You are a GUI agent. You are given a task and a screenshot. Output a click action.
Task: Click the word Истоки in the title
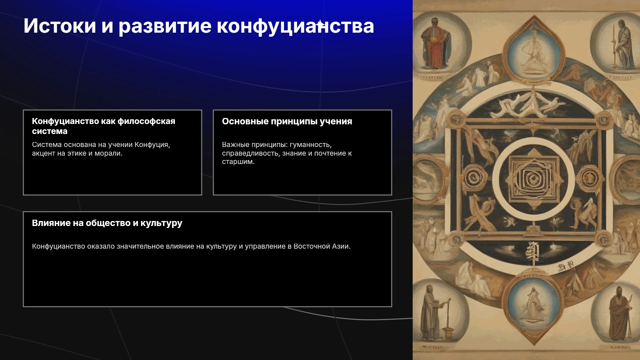pyautogui.click(x=60, y=26)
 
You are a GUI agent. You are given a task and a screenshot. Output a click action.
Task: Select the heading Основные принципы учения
pyautogui.click(x=287, y=121)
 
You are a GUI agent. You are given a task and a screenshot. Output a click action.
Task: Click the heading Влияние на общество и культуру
pyautogui.click(x=107, y=223)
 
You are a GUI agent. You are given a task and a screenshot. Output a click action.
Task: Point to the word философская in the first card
pyautogui.click(x=146, y=121)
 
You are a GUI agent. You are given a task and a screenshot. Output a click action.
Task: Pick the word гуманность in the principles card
pyautogui.click(x=311, y=145)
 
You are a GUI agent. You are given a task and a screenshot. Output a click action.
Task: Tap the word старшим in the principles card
pyautogui.click(x=238, y=162)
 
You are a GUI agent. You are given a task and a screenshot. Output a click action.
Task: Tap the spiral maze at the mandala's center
pyautogui.click(x=534, y=179)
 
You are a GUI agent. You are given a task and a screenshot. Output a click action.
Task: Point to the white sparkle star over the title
pyautogui.click(x=320, y=24)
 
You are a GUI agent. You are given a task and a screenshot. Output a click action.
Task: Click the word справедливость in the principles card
pyautogui.click(x=251, y=154)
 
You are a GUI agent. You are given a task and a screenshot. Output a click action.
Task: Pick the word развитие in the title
pyautogui.click(x=165, y=26)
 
